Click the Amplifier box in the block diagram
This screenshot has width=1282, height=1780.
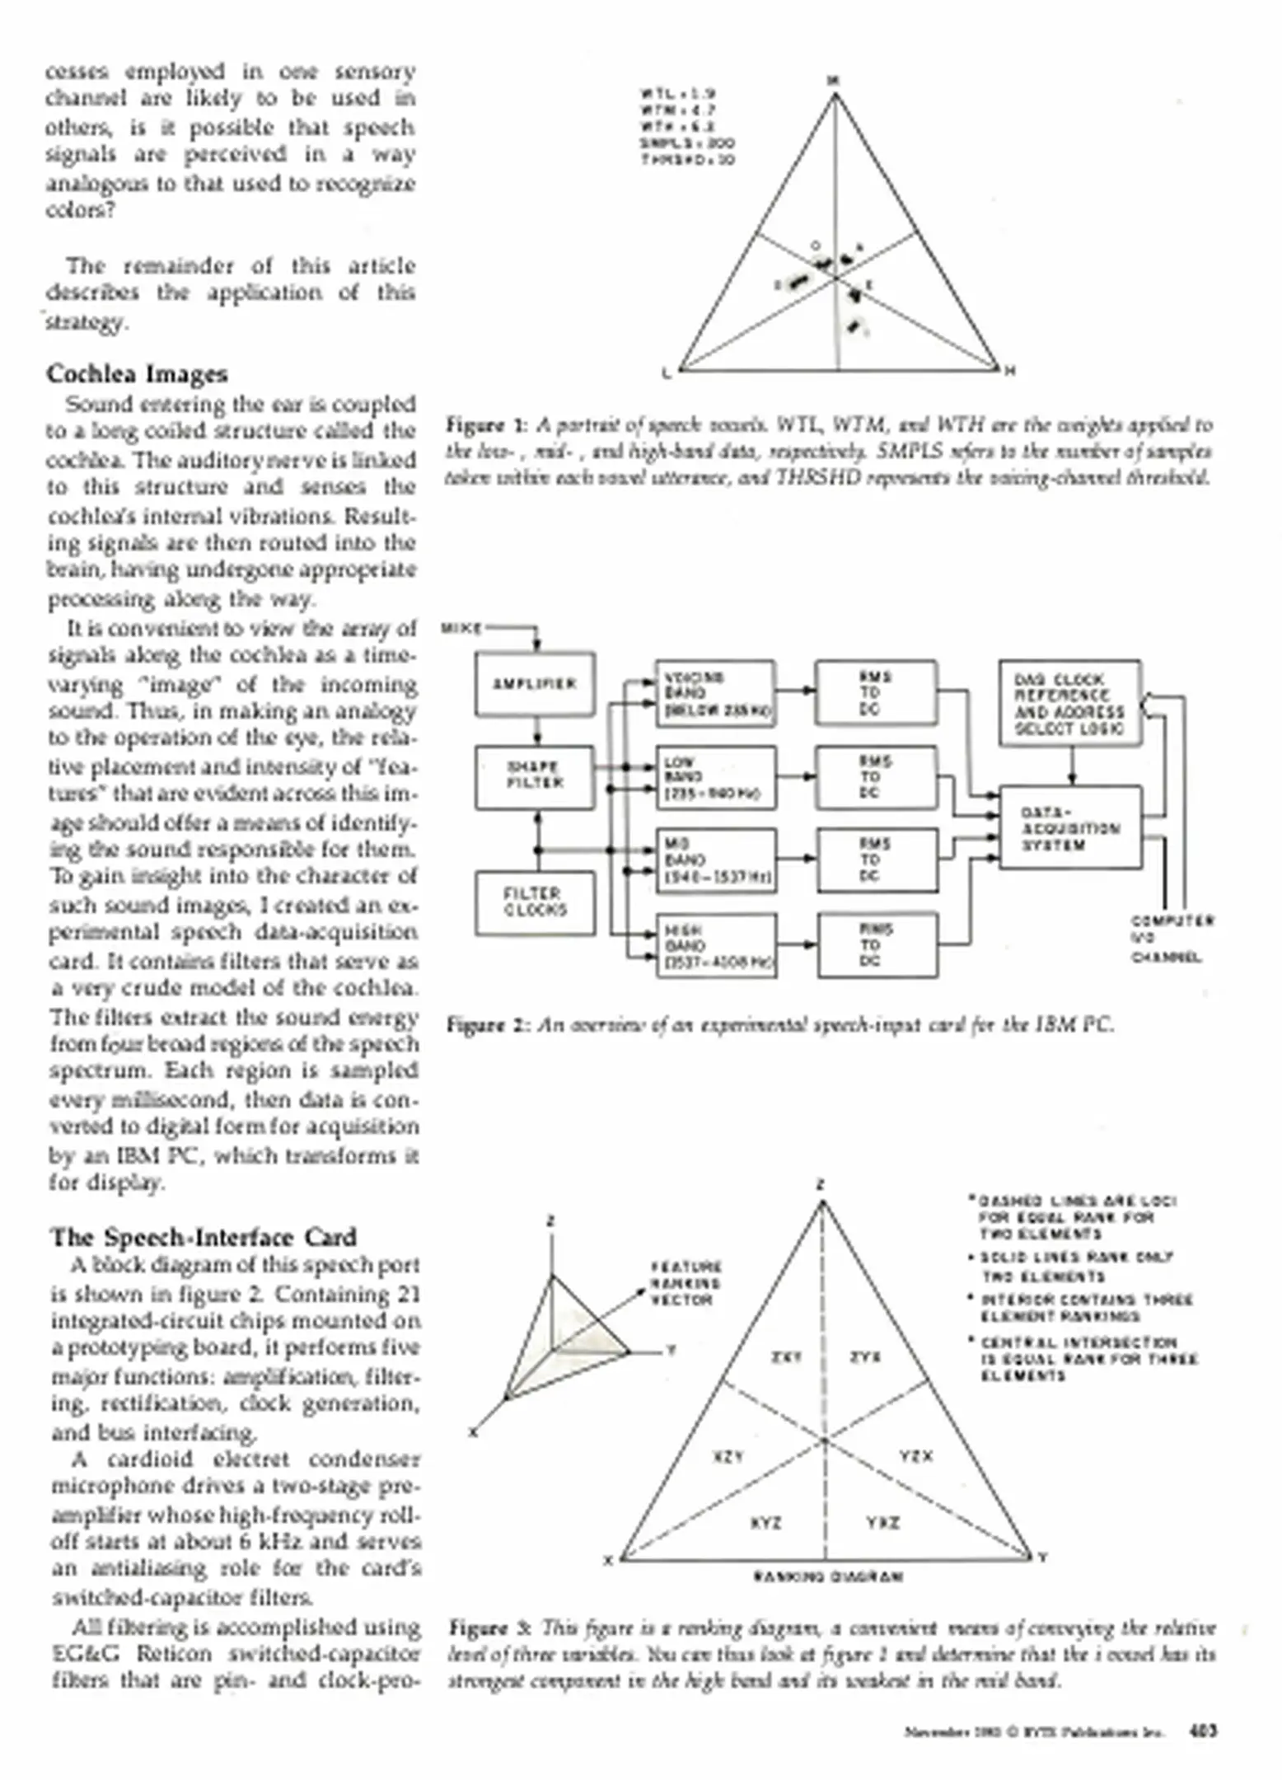click(535, 684)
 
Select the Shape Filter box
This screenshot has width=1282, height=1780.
click(535, 776)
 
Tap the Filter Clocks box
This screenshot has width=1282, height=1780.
click(535, 902)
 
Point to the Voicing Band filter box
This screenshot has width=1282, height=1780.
click(715, 694)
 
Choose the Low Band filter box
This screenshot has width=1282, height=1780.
click(715, 778)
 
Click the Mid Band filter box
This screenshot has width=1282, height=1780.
click(715, 861)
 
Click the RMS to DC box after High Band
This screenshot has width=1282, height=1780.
click(877, 945)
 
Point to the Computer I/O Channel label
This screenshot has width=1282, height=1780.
click(1172, 939)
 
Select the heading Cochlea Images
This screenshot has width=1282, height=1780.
click(137, 374)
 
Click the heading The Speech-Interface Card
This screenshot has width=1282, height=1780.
click(204, 1238)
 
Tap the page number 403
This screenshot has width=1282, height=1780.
click(1202, 1731)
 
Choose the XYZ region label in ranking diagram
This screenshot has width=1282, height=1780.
click(765, 1523)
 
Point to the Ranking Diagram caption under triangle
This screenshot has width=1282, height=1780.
click(828, 1576)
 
